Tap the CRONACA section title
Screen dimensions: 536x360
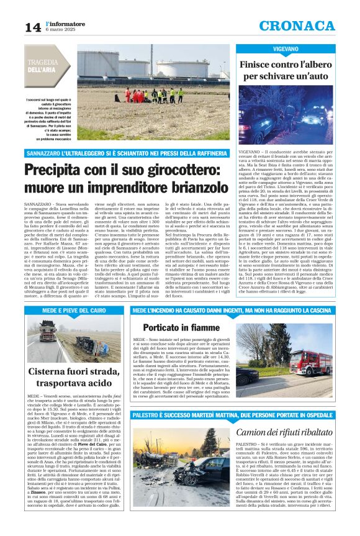point(305,25)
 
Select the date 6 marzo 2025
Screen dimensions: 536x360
point(61,30)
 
